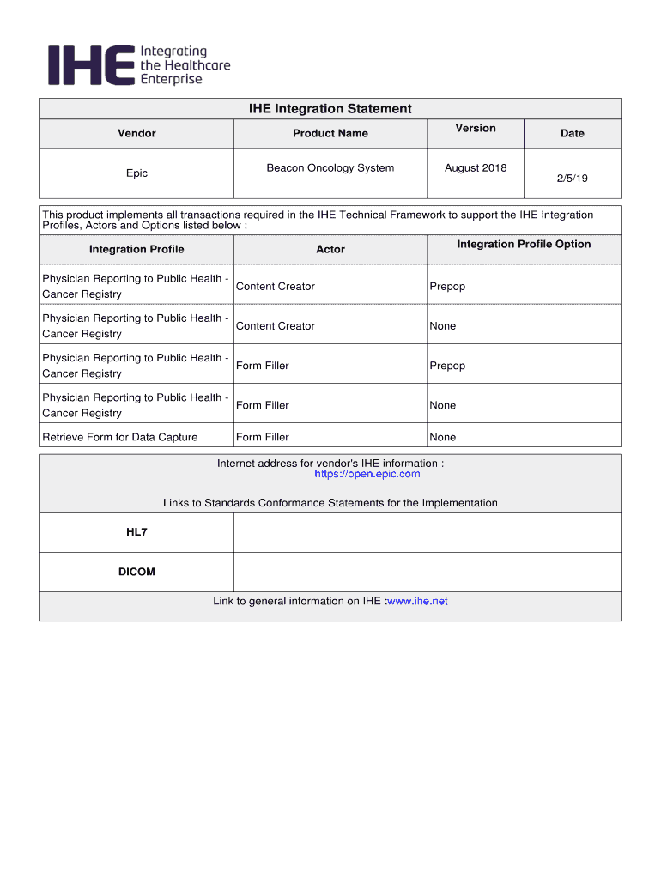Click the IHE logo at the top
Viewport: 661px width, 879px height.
(137, 65)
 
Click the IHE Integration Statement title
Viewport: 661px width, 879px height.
(330, 109)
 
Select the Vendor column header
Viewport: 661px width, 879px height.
(136, 133)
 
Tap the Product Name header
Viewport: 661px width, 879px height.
(330, 133)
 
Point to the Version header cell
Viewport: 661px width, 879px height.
(476, 129)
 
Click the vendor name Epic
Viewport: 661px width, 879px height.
(136, 173)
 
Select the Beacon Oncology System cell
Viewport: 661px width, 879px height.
(330, 168)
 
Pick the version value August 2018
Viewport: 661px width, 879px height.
(476, 168)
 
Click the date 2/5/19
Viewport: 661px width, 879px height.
(572, 179)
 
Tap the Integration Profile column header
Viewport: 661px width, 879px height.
(136, 250)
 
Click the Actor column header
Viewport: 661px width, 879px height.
(330, 250)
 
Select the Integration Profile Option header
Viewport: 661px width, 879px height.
(524, 245)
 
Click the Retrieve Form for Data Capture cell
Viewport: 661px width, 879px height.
(120, 438)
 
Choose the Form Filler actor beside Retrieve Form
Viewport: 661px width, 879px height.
(263, 438)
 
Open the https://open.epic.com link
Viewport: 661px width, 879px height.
(367, 475)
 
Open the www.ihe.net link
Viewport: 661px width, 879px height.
(417, 602)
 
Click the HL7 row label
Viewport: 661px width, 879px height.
(136, 532)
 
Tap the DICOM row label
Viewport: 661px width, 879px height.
(136, 572)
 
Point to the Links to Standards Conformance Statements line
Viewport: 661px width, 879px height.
(330, 503)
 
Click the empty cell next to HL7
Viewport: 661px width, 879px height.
(427, 532)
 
